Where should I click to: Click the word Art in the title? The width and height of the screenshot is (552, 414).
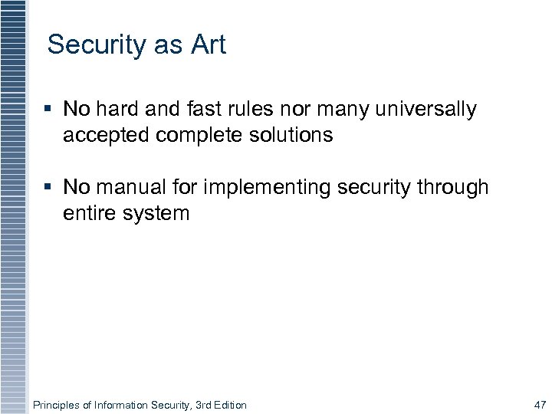click(x=209, y=44)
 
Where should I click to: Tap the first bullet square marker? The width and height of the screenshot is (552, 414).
click(x=48, y=110)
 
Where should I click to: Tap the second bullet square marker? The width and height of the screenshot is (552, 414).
click(x=48, y=187)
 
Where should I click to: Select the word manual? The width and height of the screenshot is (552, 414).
click(x=133, y=187)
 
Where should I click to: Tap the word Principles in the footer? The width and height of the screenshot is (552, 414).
click(x=57, y=405)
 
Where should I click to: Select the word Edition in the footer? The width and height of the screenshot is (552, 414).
click(x=228, y=405)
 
